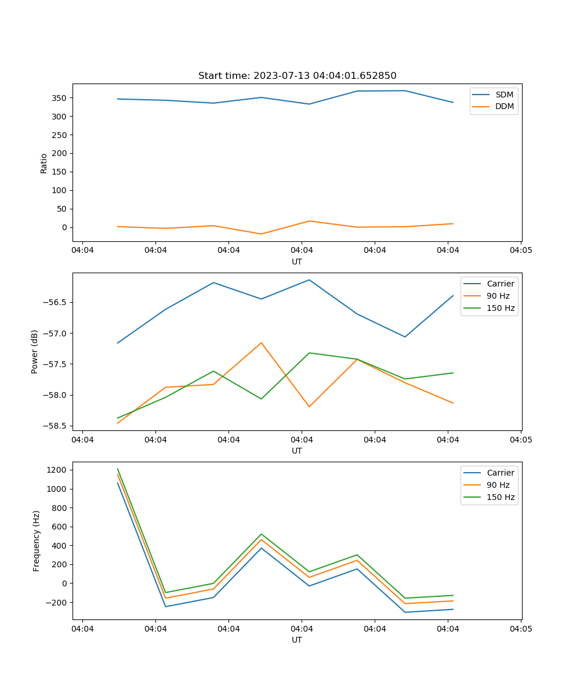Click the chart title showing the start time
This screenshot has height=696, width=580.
click(297, 76)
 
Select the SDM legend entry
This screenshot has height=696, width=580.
click(504, 95)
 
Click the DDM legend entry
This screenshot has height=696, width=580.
click(504, 106)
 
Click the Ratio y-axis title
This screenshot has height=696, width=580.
click(44, 163)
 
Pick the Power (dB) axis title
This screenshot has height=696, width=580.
click(35, 351)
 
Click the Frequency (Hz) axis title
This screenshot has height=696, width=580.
click(36, 541)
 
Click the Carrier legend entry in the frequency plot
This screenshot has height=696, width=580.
click(500, 473)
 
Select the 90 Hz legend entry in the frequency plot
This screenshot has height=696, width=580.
click(498, 485)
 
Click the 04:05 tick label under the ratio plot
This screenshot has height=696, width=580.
click(521, 251)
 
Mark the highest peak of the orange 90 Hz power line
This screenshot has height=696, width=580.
click(261, 343)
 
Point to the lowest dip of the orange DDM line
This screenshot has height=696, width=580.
click(261, 234)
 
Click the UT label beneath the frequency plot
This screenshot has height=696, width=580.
click(297, 640)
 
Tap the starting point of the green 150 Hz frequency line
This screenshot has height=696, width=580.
click(118, 469)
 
